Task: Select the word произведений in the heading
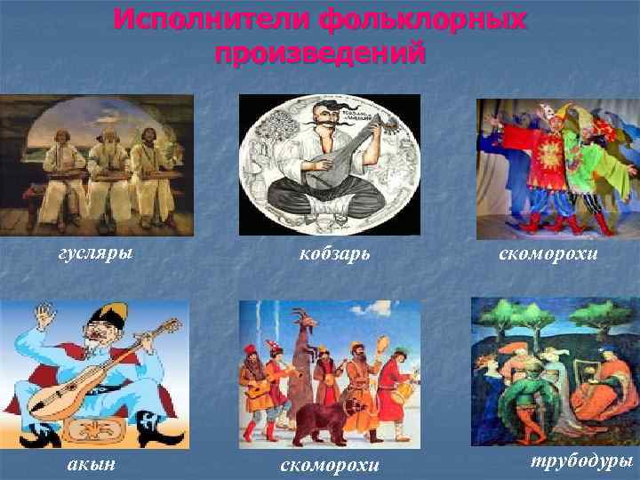pos(320,53)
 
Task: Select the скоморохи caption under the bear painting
pos(330,464)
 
